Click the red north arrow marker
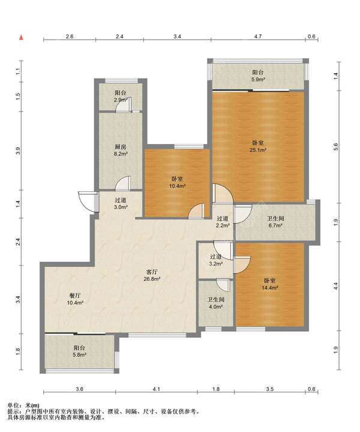click(21, 37)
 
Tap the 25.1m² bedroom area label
click(258, 146)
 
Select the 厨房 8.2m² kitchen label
click(121, 151)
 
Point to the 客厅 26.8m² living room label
click(152, 275)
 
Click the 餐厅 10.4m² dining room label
click(75, 299)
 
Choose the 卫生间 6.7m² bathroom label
click(275, 222)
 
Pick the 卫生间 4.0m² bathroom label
click(216, 303)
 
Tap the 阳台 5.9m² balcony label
click(258, 76)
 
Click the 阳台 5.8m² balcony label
click(79, 352)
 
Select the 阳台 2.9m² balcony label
click(121, 97)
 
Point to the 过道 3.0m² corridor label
click(121, 203)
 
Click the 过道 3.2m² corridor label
click(216, 260)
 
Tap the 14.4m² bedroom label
click(270, 284)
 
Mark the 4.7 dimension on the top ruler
click(258, 37)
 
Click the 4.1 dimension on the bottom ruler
click(156, 389)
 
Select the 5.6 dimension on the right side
click(335, 146)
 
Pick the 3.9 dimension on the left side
click(18, 151)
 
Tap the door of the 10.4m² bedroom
click(197, 212)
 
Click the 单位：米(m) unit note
click(23, 406)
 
